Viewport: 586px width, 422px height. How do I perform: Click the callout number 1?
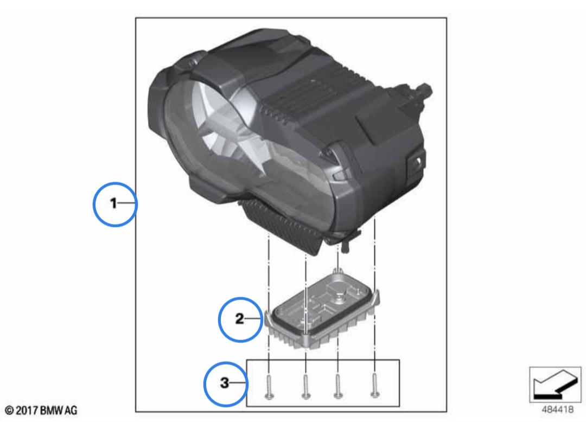[113, 203]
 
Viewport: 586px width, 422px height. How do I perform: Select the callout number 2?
[240, 318]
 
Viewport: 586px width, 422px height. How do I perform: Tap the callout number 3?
[224, 383]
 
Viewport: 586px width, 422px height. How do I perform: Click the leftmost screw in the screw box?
[269, 387]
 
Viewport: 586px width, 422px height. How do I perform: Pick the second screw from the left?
[305, 387]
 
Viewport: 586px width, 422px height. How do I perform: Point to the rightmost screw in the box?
[375, 386]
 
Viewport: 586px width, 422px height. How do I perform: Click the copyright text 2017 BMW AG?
[41, 411]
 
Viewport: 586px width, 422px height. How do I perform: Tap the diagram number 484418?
[557, 410]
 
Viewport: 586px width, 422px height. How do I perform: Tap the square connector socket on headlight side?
[416, 162]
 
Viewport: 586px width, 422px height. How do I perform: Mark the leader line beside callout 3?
[239, 383]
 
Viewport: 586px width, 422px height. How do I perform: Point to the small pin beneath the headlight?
[345, 246]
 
